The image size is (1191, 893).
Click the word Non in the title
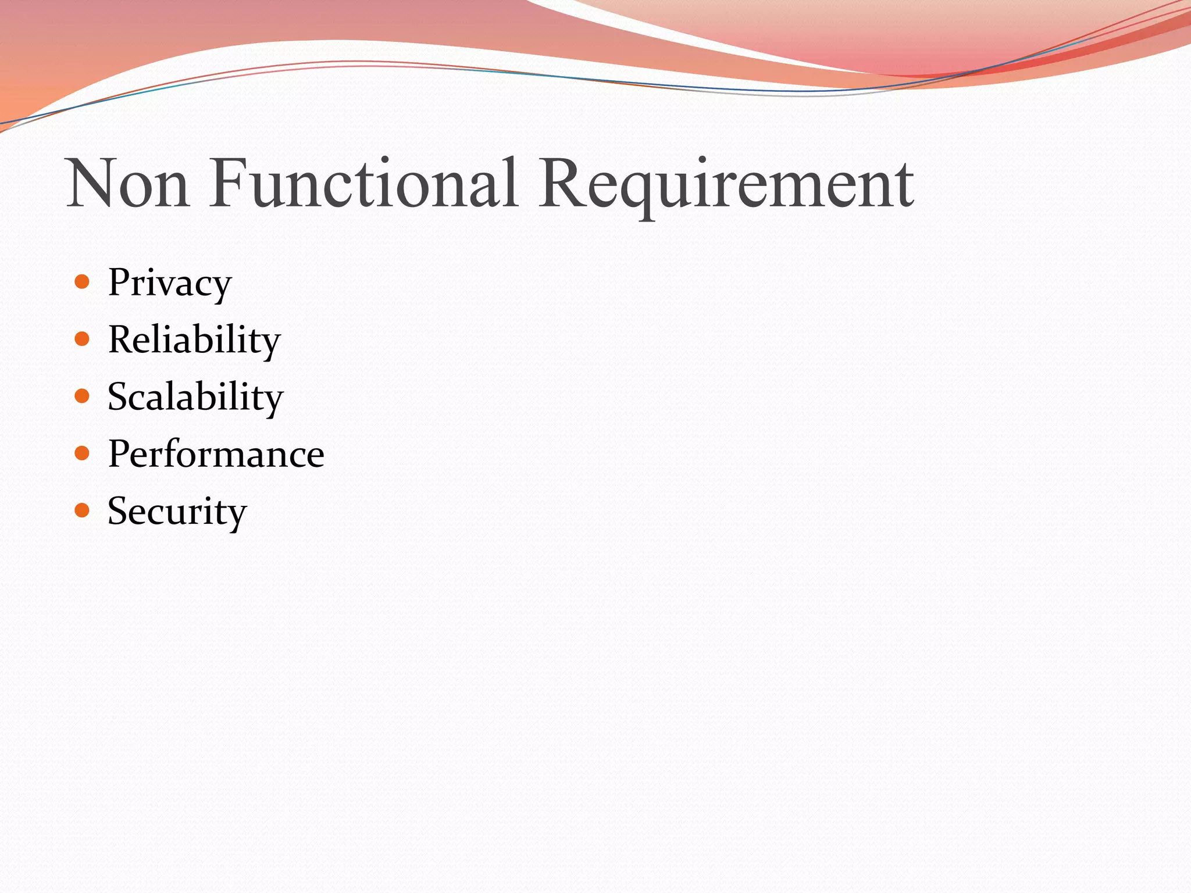[x=128, y=184]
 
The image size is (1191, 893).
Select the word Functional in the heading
[x=363, y=184]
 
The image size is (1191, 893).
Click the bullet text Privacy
[x=170, y=284]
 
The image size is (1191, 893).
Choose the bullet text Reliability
[x=194, y=340]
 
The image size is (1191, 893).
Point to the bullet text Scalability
[x=195, y=397]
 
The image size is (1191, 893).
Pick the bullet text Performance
[x=216, y=454]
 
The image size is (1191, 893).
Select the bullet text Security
[x=177, y=512]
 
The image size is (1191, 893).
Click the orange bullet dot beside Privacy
[x=82, y=283]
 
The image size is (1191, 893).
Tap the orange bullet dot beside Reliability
[x=82, y=340]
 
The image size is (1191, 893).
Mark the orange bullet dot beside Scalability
[x=82, y=397]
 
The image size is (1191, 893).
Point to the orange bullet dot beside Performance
[x=82, y=453]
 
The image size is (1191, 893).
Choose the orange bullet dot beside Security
[x=82, y=510]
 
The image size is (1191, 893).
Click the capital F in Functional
[x=230, y=184]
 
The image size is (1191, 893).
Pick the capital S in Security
[x=119, y=511]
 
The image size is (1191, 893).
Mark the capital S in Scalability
[x=119, y=397]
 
